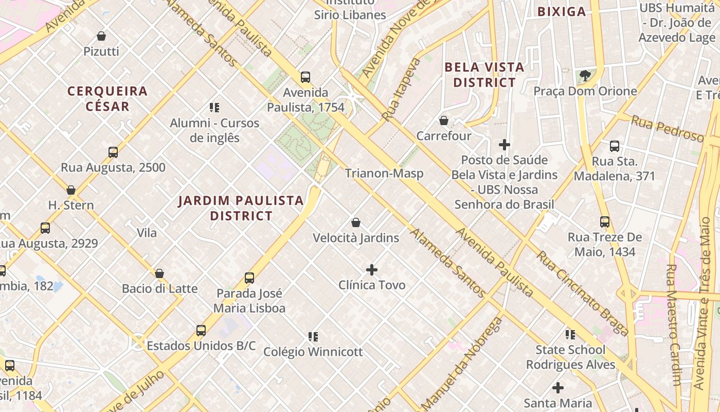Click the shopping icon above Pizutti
101,36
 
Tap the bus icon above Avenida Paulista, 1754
305,77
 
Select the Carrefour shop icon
443,121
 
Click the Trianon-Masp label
384,173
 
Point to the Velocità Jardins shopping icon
355,222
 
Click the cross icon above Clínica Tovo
371,270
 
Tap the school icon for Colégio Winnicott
313,337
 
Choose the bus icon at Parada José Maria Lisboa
249,278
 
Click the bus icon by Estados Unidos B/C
201,330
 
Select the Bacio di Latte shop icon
159,273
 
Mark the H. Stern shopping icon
71,190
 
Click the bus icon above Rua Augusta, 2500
113,152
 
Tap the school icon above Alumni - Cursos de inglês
214,108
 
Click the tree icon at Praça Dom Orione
585,76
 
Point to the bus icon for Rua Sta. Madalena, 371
614,146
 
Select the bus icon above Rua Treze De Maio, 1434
605,222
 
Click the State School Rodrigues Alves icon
570,335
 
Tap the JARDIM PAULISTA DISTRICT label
241,208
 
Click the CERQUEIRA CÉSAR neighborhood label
107,99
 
